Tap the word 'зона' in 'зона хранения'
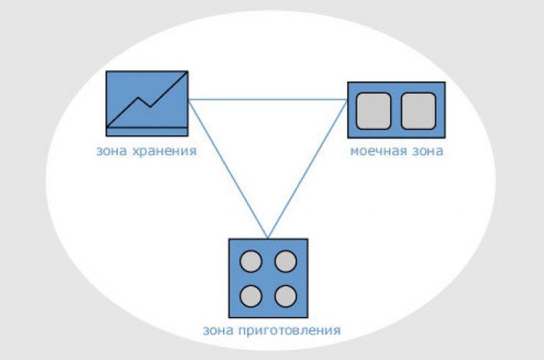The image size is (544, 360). click(x=111, y=152)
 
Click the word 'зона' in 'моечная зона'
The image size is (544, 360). click(x=427, y=152)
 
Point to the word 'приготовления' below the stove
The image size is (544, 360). click(x=289, y=330)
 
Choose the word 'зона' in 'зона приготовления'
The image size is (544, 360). click(x=217, y=330)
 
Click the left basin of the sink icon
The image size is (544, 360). click(x=373, y=111)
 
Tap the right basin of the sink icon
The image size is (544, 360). click(x=418, y=111)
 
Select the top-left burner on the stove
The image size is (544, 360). click(x=251, y=261)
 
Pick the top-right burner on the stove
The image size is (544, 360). click(x=285, y=261)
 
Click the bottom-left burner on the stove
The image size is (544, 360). click(x=251, y=296)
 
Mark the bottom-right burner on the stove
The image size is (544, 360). click(x=285, y=296)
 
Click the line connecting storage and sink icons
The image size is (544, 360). click(x=268, y=100)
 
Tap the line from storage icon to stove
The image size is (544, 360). click(x=228, y=169)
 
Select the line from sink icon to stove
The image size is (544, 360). click(x=308, y=169)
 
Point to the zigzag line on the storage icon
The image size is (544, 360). click(x=147, y=100)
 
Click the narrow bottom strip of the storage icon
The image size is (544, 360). click(x=147, y=131)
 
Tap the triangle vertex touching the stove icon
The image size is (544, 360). click(x=268, y=239)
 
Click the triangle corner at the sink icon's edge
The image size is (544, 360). click(x=347, y=100)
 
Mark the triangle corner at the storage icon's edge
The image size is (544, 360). click(x=188, y=100)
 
